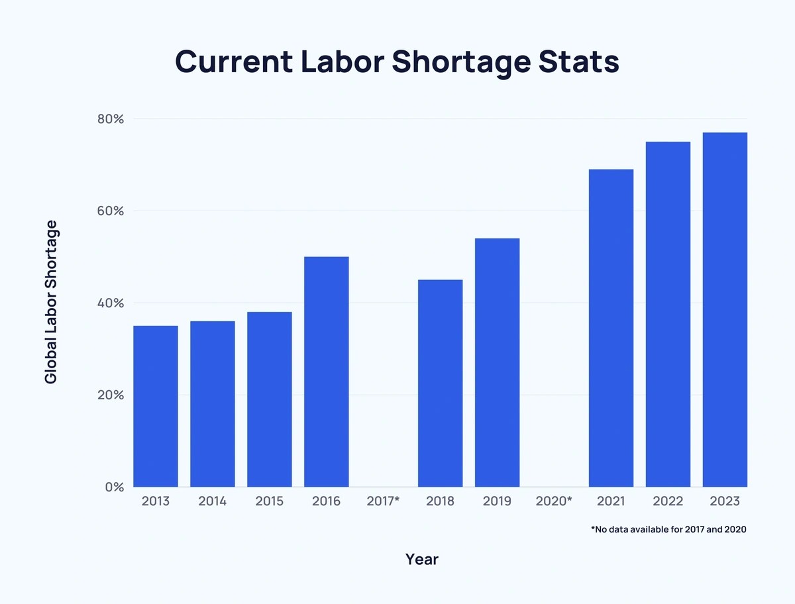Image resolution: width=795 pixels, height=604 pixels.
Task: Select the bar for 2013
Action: (156, 406)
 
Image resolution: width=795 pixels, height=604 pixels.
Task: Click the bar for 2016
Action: (327, 372)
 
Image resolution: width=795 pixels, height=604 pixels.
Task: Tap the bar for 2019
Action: (498, 362)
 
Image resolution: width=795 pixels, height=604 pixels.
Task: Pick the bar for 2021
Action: (611, 328)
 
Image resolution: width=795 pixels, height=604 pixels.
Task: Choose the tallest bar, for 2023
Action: (725, 309)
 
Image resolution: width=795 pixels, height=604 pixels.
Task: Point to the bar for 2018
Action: (441, 383)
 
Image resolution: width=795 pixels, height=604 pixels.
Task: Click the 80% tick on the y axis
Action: (111, 119)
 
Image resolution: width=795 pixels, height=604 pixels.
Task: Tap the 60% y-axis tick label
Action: (111, 211)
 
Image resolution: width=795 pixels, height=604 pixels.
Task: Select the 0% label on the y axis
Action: (115, 487)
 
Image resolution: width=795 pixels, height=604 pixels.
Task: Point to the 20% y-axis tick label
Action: (111, 395)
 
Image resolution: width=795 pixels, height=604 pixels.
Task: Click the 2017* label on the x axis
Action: (383, 501)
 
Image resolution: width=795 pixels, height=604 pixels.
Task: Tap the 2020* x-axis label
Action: (554, 501)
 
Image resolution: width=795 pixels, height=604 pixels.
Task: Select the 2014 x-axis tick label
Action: (213, 501)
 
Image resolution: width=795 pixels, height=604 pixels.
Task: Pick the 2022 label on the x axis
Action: (668, 501)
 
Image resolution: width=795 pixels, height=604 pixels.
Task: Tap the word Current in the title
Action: (234, 62)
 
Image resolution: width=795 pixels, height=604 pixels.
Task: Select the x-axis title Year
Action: (422, 560)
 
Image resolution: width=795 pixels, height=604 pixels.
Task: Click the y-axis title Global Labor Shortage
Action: (51, 302)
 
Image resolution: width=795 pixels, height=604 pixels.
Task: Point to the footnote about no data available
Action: (669, 529)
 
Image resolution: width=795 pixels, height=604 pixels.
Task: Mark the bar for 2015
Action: (270, 399)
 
